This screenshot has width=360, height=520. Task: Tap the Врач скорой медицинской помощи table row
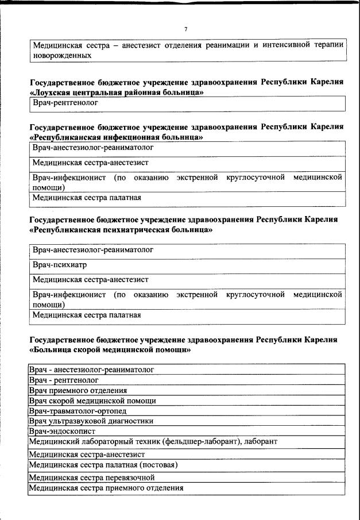(x=92, y=400)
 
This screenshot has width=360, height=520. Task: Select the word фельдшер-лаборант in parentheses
(x=205, y=441)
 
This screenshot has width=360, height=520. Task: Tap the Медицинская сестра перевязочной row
(x=92, y=478)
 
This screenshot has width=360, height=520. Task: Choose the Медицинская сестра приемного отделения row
(x=106, y=488)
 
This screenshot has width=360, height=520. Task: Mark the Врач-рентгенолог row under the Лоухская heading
(x=65, y=104)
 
